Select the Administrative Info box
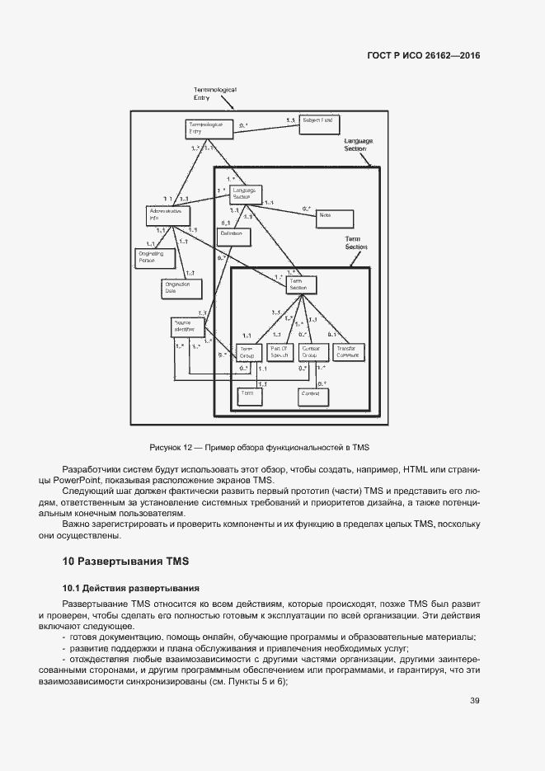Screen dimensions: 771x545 (x=167, y=215)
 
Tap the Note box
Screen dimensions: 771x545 (x=334, y=218)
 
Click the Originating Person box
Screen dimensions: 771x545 (x=153, y=258)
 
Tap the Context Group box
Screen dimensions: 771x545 (x=312, y=352)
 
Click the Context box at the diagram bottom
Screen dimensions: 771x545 (x=312, y=397)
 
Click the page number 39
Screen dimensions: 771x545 (x=474, y=701)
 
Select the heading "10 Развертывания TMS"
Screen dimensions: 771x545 (x=126, y=562)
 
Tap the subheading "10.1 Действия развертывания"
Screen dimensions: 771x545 (x=130, y=588)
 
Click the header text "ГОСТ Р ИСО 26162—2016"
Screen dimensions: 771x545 (x=423, y=56)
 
